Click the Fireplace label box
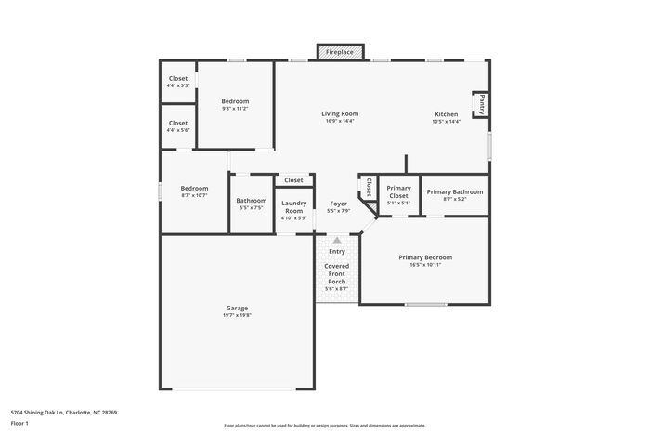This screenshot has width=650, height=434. (x=339, y=53)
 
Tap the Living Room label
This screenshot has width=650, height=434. (x=341, y=113)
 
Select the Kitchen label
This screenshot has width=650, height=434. (x=447, y=113)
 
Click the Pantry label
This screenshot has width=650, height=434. (x=482, y=104)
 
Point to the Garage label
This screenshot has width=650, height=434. (x=237, y=308)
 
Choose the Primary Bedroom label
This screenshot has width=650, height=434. (x=425, y=256)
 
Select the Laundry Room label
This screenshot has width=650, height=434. (x=293, y=206)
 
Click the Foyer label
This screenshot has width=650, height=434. (x=338, y=204)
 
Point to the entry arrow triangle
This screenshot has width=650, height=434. (x=337, y=240)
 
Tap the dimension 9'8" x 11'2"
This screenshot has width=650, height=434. (x=235, y=109)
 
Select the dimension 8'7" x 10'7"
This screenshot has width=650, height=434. (x=194, y=196)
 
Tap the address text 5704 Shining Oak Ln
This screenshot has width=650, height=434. (x=63, y=412)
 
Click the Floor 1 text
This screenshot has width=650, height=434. (x=20, y=423)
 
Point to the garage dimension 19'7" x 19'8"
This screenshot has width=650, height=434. (x=237, y=315)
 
